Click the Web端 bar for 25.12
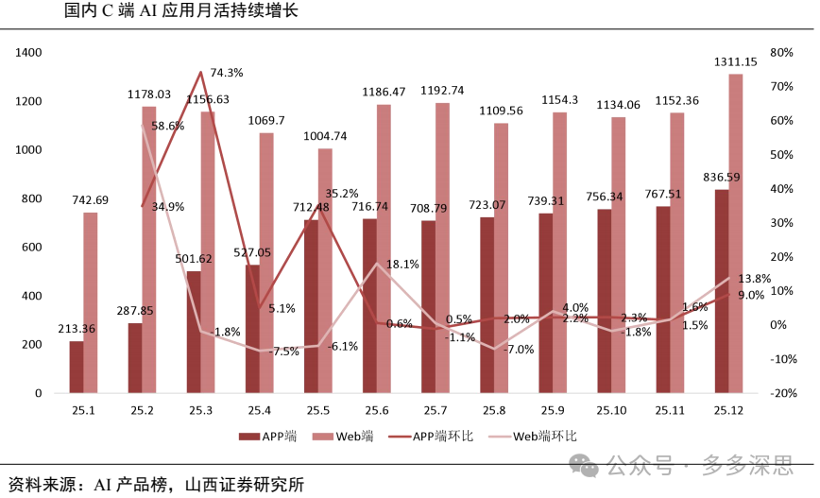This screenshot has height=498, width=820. click(736, 233)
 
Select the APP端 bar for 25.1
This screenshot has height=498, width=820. click(77, 367)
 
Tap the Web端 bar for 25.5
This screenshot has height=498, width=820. click(325, 270)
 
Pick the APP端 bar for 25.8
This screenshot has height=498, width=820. click(487, 305)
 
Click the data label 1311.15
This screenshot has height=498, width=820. click(735, 62)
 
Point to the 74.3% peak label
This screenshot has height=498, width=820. click(227, 74)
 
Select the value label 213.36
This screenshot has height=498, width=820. click(77, 329)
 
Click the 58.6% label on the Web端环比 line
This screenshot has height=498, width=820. click(168, 126)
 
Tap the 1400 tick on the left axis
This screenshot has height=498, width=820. click(28, 52)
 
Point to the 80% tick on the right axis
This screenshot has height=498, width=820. click(781, 52)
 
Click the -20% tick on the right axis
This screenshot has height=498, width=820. click(783, 393)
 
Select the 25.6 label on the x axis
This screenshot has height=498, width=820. click(377, 411)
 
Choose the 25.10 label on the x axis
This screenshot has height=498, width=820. click(611, 411)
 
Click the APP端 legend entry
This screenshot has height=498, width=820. click(267, 437)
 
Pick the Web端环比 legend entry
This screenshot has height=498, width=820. click(533, 437)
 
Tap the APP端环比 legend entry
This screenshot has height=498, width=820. click(432, 437)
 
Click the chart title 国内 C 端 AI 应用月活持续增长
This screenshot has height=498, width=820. click(181, 10)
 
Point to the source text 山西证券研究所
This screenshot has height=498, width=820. click(245, 485)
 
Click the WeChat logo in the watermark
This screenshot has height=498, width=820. click(583, 465)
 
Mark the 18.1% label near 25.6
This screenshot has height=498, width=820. click(402, 265)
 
